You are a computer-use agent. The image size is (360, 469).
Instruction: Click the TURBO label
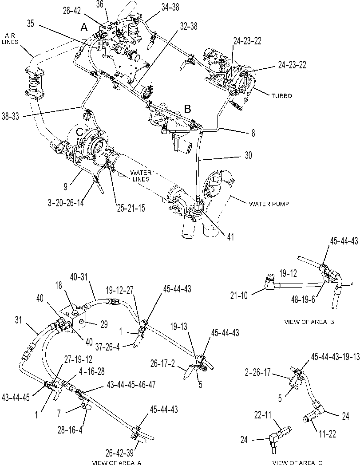[x=281, y=96]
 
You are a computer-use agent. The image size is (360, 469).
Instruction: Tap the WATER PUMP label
[x=269, y=204]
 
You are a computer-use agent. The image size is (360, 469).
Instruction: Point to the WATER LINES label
[x=140, y=176]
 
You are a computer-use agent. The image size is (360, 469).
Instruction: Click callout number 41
[x=230, y=237]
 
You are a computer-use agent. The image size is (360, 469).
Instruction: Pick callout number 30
[x=248, y=155]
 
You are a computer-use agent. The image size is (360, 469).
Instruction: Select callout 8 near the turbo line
[x=253, y=133]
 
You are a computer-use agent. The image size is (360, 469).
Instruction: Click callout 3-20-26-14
[x=66, y=203]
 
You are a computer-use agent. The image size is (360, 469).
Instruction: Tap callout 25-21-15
[x=131, y=208]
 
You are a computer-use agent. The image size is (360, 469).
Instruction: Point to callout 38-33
[x=10, y=116]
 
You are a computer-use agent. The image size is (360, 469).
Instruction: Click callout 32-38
[x=189, y=26]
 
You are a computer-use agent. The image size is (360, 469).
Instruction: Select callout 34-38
[x=170, y=7]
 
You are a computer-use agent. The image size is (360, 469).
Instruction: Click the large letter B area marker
[x=187, y=109]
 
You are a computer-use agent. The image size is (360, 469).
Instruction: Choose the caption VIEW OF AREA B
[x=309, y=322]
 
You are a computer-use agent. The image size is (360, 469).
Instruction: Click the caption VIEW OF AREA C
[x=297, y=463]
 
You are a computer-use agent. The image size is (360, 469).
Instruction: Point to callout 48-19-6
[x=303, y=300]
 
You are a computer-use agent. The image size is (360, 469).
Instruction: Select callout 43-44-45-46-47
[x=131, y=384]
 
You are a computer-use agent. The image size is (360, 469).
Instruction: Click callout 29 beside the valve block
[x=104, y=324]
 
